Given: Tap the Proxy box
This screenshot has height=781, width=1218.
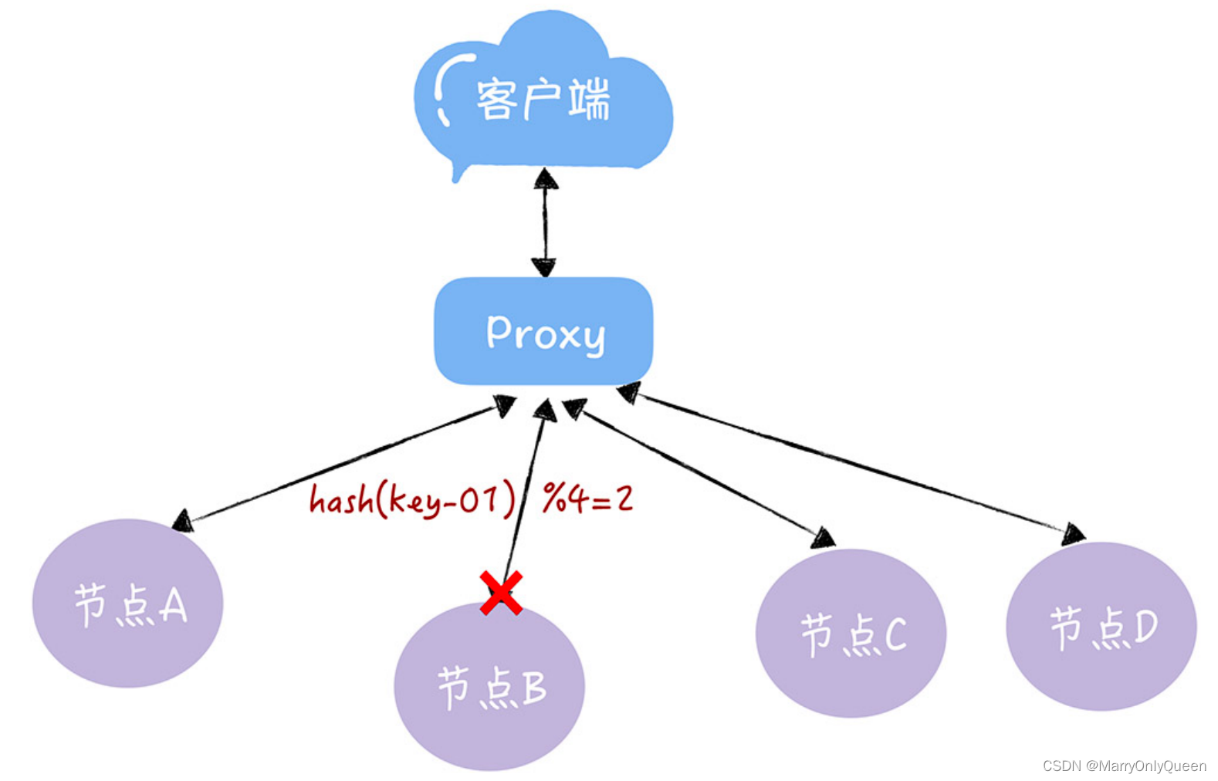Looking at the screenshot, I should click(x=543, y=332).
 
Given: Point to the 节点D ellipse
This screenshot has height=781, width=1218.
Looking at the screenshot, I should click(x=1101, y=626).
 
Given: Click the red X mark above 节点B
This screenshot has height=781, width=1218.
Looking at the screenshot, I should click(x=501, y=593).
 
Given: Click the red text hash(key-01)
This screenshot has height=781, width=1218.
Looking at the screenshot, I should click(x=411, y=499).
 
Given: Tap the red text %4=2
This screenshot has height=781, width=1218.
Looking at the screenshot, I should click(x=587, y=498).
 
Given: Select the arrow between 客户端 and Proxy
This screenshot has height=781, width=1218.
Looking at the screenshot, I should click(x=545, y=224).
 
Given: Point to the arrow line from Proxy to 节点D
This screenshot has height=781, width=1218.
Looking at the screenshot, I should click(x=849, y=463).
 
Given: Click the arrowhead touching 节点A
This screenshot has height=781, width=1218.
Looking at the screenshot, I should click(x=183, y=522).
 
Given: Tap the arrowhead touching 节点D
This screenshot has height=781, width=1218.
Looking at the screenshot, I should click(x=1073, y=533).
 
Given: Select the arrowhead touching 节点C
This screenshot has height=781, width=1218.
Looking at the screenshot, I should click(x=824, y=538).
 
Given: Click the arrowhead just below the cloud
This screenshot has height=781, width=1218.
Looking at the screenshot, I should click(x=546, y=180).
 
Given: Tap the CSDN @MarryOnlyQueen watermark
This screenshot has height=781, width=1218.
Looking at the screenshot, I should click(x=1124, y=766).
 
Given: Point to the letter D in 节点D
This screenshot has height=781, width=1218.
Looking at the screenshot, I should click(x=1145, y=626).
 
